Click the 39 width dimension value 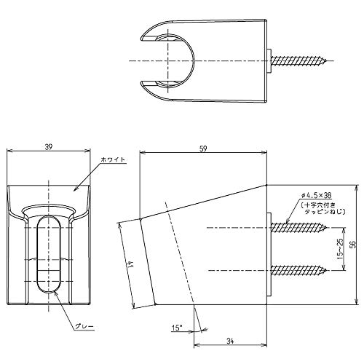tap(49, 147)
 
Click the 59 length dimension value tap(203, 149)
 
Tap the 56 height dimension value tap(353, 245)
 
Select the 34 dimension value tap(230, 341)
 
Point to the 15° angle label tap(177, 328)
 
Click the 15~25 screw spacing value tap(341, 249)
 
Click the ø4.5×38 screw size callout tap(316, 195)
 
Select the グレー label tap(84, 327)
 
